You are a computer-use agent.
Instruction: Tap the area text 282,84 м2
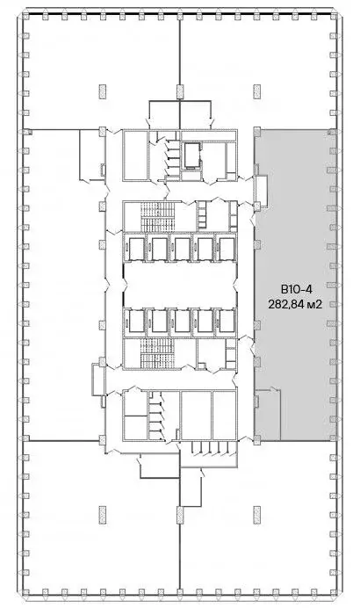296,304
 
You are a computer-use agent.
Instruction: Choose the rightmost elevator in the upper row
227,249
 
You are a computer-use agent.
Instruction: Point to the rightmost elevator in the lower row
227,321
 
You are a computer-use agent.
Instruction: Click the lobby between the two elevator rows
180,285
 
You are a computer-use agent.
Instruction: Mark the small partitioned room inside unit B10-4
268,414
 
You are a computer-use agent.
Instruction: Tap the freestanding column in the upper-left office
103,92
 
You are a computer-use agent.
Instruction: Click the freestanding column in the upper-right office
257,92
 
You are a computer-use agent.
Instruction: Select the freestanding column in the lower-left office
103,515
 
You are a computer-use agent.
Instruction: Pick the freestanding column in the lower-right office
257,515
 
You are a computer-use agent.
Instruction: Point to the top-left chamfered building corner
21,11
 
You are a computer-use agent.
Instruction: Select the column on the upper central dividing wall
180,92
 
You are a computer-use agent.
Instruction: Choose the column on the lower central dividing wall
180,515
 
